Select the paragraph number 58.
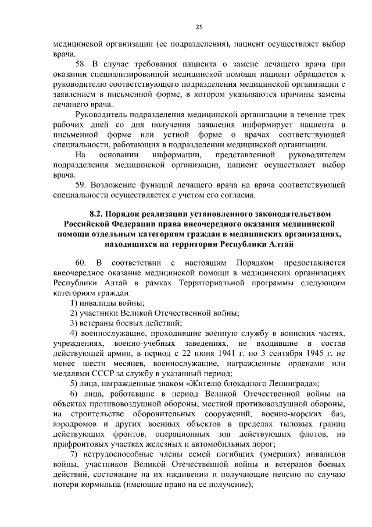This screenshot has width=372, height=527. tap(82, 62)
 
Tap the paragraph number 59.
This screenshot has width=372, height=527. tap(82, 185)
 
